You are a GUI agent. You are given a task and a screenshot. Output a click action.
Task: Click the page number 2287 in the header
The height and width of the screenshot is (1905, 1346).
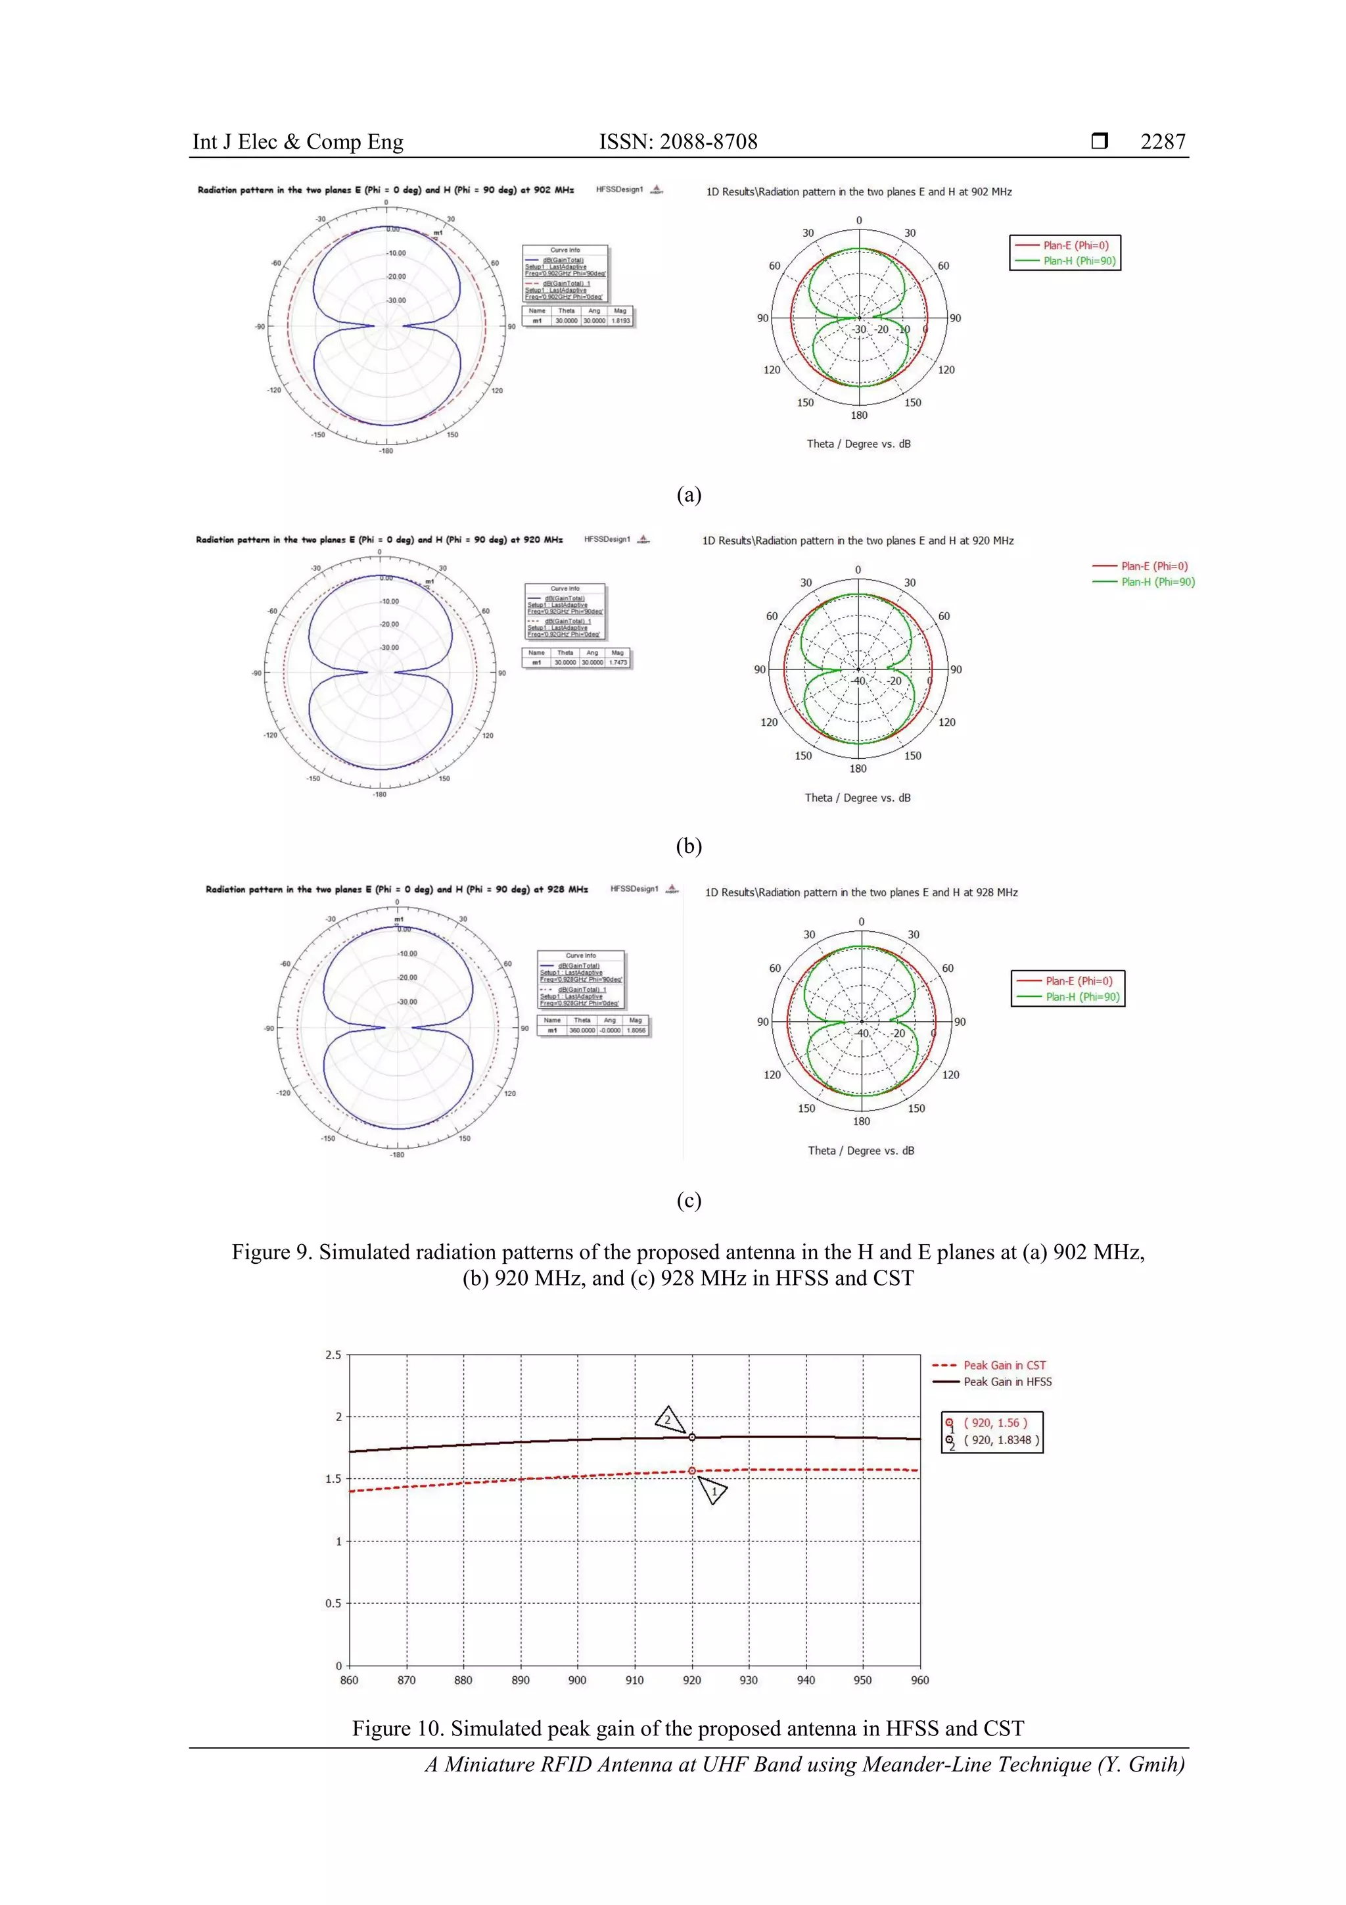point(1162,142)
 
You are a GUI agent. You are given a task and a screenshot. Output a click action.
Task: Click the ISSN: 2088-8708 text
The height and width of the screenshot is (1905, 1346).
point(678,142)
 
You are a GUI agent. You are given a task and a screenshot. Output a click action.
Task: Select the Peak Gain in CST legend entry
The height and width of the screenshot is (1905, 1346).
point(1004,1365)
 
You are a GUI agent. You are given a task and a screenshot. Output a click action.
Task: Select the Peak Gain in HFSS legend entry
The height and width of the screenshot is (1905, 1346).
point(1007,1382)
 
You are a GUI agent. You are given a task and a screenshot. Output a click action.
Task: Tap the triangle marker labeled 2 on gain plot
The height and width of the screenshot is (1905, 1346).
point(668,1420)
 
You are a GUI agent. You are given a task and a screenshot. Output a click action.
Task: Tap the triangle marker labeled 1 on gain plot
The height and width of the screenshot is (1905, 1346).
point(713,1491)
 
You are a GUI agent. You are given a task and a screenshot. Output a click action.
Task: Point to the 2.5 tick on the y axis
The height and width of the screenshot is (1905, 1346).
point(333,1355)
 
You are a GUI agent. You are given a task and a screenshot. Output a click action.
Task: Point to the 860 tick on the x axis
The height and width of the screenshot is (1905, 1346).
point(349,1680)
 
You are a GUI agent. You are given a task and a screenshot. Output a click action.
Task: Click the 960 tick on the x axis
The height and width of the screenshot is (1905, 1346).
point(919,1680)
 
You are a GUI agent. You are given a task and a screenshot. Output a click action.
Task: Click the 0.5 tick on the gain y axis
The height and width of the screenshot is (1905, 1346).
point(333,1603)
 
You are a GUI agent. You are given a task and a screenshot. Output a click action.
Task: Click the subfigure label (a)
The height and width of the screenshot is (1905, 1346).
point(688,494)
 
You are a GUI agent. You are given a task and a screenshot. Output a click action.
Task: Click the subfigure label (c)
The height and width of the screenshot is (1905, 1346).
point(688,1200)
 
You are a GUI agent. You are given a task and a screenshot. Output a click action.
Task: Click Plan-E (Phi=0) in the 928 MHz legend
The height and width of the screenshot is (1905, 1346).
point(1078,980)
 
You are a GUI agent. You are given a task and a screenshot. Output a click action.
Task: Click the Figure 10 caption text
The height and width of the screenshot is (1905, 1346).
point(687,1728)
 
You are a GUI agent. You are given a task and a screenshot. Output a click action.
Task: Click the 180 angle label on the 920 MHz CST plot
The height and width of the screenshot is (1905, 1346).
point(858,768)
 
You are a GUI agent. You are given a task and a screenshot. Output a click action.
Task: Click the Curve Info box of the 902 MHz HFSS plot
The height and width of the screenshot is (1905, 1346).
point(565,273)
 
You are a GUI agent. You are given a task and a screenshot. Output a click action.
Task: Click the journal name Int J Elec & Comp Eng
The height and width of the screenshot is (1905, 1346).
point(298,142)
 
